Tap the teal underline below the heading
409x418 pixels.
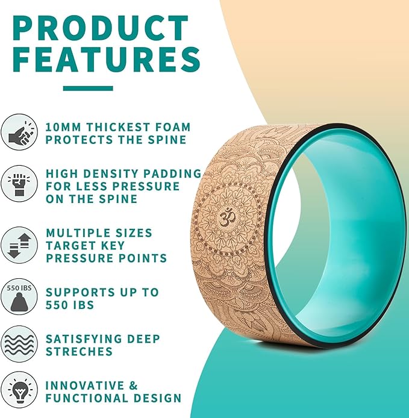(88, 88)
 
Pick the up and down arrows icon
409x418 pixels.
(20, 245)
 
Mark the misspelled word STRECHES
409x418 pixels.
(79, 351)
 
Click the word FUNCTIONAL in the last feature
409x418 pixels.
(90, 398)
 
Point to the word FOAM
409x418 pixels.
(172, 127)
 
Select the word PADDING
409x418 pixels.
(175, 173)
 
